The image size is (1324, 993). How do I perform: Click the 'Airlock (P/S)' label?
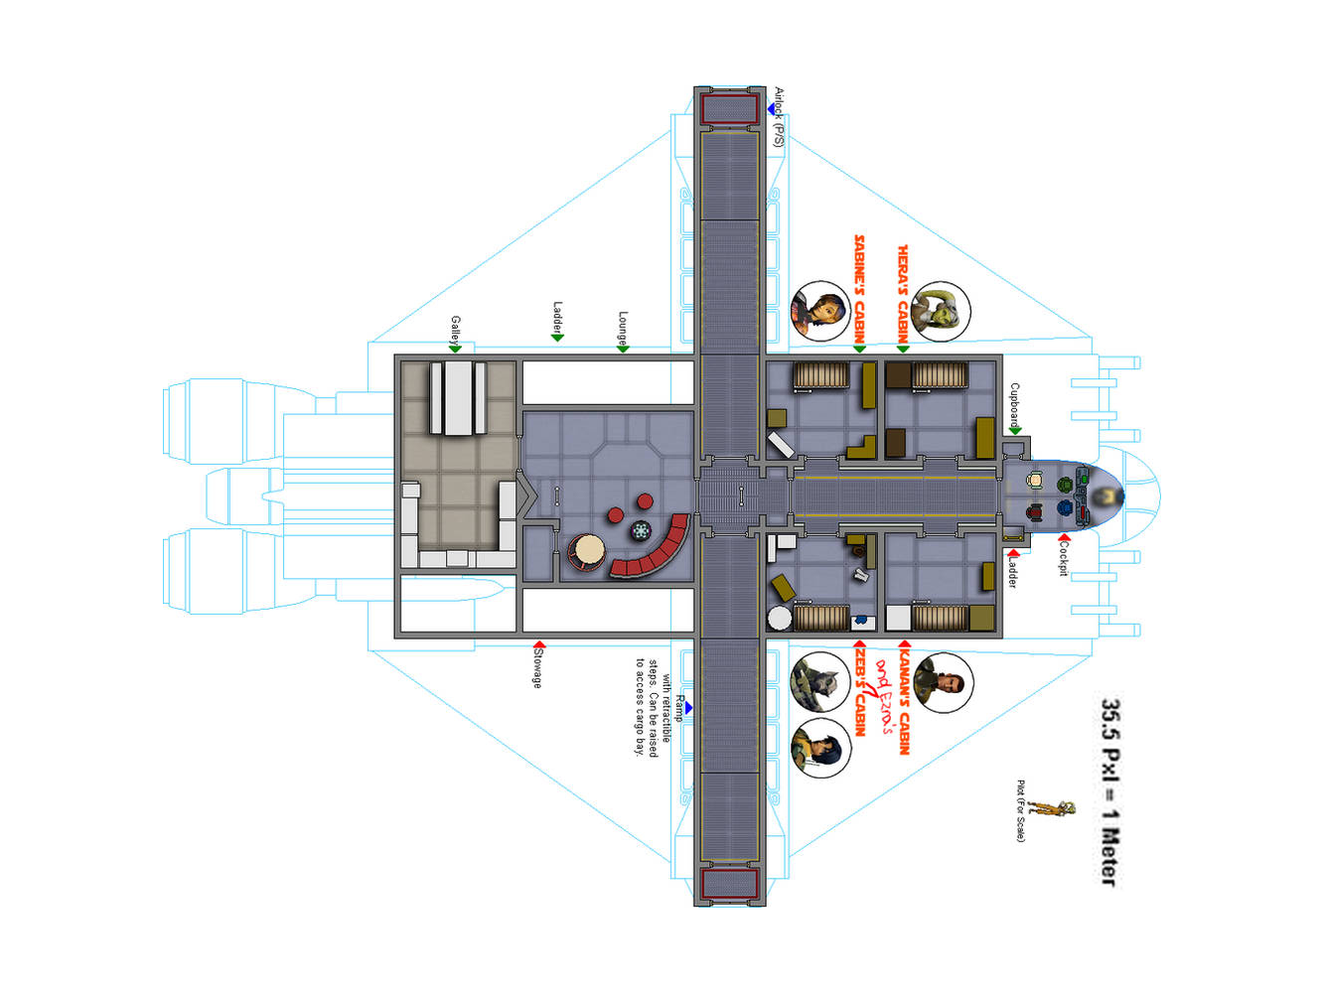(x=780, y=118)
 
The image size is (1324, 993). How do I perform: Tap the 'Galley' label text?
(x=455, y=330)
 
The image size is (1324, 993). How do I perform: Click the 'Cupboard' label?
(x=1014, y=405)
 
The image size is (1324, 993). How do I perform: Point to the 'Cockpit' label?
(x=1064, y=557)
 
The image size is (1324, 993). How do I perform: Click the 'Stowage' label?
(x=537, y=669)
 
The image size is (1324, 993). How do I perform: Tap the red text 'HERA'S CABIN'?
(x=903, y=293)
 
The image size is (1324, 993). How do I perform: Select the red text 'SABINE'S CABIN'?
(x=860, y=289)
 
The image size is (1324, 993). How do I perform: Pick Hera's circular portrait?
(x=940, y=311)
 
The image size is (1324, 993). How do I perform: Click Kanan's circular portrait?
(x=943, y=682)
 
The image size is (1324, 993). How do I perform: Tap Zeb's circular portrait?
(x=819, y=681)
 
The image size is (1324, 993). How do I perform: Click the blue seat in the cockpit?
(x=1065, y=508)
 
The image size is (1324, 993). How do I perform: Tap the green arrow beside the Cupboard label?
(x=1014, y=431)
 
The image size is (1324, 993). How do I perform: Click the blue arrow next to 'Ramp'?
(x=688, y=708)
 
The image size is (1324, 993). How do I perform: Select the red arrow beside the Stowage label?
(x=538, y=645)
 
